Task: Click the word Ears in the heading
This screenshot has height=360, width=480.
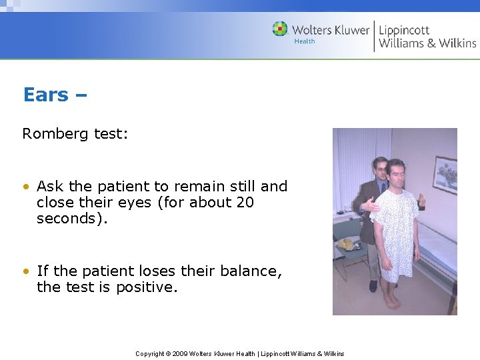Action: pos(45,95)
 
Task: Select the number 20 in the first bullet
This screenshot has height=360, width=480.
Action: pos(245,203)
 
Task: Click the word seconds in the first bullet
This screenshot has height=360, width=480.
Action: pos(65,219)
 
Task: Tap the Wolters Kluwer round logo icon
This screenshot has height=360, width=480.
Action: pos(280,29)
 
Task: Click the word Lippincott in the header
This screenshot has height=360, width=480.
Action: pos(405,29)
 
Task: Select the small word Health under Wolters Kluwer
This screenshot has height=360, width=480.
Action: pos(304,41)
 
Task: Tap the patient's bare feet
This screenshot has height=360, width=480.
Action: pos(391,301)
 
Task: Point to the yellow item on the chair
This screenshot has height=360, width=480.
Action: pos(347,245)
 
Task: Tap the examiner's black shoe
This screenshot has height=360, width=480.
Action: pos(373,287)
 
